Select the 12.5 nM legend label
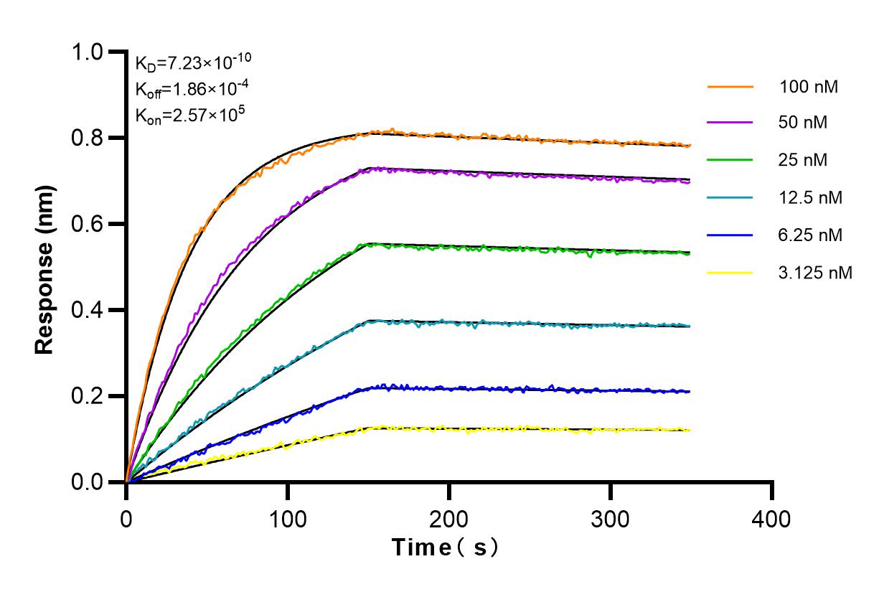coord(811,197)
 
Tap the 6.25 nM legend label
coord(811,235)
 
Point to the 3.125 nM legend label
coord(816,272)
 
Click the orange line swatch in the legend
coord(730,87)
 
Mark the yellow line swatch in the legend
coord(730,272)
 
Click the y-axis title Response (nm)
coord(44,267)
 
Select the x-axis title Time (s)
coord(445,548)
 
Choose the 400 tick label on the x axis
coord(771,518)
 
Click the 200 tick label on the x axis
coord(449,518)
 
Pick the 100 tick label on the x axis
coord(288,518)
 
